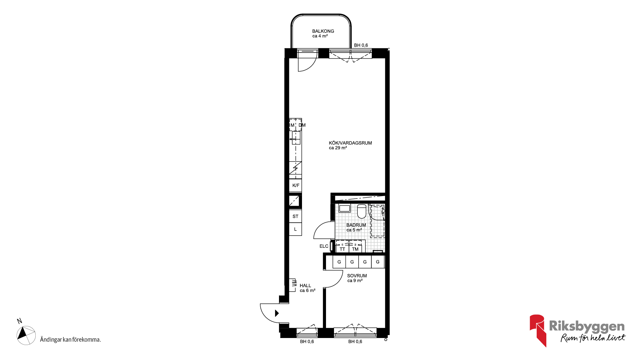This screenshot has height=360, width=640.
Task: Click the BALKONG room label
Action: point(323,31)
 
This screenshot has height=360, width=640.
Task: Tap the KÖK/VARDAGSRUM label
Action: point(350,143)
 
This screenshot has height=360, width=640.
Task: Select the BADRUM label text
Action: point(356,225)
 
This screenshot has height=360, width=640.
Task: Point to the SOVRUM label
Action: point(357,276)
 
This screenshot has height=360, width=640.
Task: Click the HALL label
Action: point(305,286)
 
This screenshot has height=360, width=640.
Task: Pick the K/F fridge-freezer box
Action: point(296,185)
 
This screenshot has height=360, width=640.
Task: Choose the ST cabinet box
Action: point(295,216)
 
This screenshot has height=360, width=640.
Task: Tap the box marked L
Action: point(295,229)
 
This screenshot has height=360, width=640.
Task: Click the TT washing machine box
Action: point(342,248)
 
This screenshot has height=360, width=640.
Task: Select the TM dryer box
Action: point(355,248)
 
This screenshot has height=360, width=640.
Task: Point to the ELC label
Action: point(324,246)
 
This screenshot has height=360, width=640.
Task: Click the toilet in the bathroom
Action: point(362,211)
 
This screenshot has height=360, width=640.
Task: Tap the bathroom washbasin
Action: point(344,209)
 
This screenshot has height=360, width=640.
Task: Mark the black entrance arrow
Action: point(277,313)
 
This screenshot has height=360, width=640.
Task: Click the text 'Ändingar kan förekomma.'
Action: point(70,340)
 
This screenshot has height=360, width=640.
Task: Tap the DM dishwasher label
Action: point(302,125)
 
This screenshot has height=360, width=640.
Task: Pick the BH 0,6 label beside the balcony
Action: point(361,45)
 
